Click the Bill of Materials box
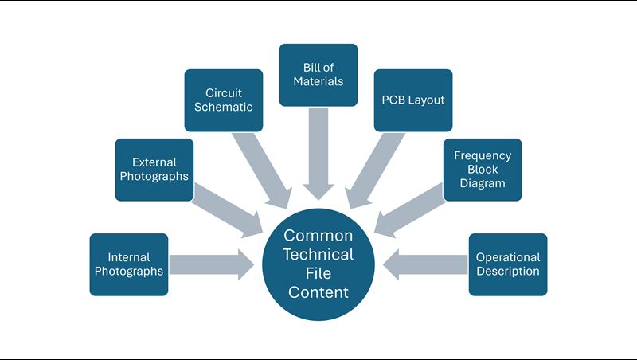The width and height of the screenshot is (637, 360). (318, 75)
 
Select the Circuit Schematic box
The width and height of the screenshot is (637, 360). (224, 100)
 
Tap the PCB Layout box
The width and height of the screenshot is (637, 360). (413, 100)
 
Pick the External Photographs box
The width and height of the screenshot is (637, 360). (154, 170)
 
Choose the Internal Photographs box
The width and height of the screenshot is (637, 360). (129, 264)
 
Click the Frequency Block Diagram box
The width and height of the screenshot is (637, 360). (483, 170)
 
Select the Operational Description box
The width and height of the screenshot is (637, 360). (508, 264)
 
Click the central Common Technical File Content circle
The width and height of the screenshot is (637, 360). (318, 264)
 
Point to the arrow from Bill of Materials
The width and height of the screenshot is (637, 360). (318, 154)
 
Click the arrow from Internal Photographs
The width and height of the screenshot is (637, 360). (211, 264)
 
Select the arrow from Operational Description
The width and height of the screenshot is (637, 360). (425, 264)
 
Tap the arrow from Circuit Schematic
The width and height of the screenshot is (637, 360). (263, 169)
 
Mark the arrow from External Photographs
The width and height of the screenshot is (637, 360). (226, 210)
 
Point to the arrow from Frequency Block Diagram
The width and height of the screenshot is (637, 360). (410, 210)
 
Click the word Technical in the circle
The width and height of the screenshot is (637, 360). (318, 255)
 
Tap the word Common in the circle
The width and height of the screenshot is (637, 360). (318, 236)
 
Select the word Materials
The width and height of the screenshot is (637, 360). (318, 82)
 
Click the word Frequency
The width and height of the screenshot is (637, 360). (483, 156)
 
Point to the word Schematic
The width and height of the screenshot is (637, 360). (224, 107)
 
